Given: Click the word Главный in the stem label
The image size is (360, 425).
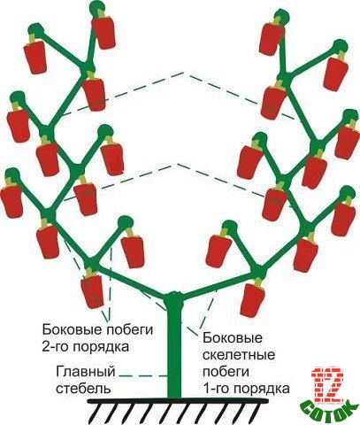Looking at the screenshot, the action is pyautogui.click(x=86, y=372).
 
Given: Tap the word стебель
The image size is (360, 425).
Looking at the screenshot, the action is pyautogui.click(x=83, y=388).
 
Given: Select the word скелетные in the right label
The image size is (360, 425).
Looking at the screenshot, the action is pyautogui.click(x=239, y=355).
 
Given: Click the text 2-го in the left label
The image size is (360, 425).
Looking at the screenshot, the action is pyautogui.click(x=57, y=346).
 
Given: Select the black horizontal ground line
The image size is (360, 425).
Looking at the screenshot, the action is pyautogui.click(x=178, y=401).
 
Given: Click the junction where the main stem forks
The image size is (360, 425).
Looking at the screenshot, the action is pyautogui.click(x=174, y=297).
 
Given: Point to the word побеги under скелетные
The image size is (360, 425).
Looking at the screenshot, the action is pyautogui.click(x=226, y=372).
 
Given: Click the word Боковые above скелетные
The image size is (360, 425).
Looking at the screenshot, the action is pyautogui.click(x=233, y=338).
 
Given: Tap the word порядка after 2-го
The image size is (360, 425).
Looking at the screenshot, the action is pyautogui.click(x=101, y=347).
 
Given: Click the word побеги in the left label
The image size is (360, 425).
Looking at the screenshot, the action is pyautogui.click(x=127, y=329).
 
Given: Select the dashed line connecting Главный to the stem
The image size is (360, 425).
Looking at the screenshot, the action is pyautogui.click(x=143, y=376).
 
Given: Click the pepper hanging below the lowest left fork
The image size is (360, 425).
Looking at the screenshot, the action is pyautogui.click(x=92, y=290).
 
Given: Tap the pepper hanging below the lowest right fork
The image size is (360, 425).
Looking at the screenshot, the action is pyautogui.click(x=252, y=298).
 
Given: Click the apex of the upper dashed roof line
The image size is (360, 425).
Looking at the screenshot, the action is pyautogui.click(x=183, y=72).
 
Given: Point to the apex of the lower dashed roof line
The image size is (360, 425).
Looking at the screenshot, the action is pyautogui.click(x=176, y=163).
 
